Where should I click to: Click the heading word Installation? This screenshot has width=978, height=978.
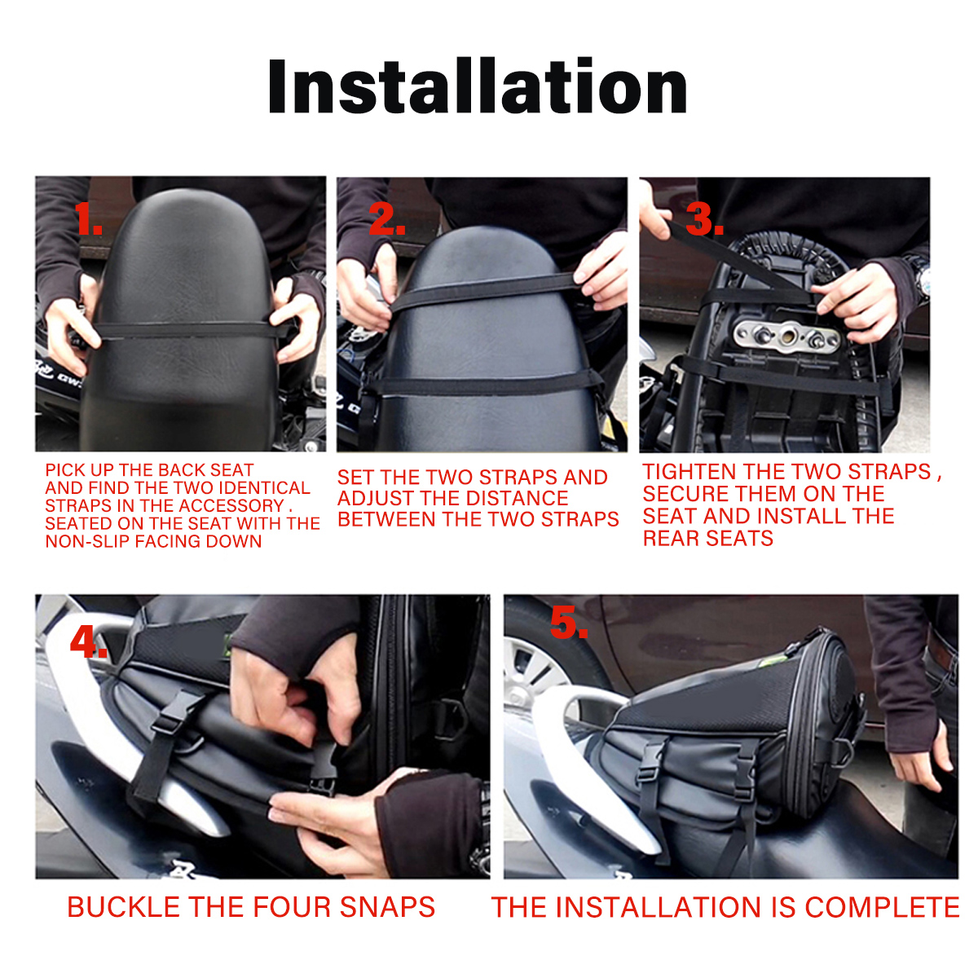(x=478, y=86)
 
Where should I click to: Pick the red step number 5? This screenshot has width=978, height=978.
(x=568, y=623)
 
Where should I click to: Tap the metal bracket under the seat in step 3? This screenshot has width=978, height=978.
(x=786, y=335)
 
